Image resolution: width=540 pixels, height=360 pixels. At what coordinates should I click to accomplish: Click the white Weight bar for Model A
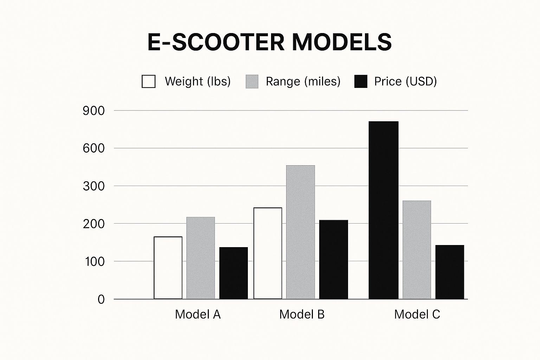pyautogui.click(x=168, y=268)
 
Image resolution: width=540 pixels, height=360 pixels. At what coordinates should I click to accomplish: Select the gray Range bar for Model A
pyautogui.click(x=200, y=258)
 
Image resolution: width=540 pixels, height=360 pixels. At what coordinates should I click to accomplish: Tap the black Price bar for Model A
pyautogui.click(x=233, y=273)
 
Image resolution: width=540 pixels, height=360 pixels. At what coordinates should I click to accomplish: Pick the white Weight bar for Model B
pyautogui.click(x=268, y=253)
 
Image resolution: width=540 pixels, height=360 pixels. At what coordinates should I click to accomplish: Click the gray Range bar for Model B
pyautogui.click(x=300, y=232)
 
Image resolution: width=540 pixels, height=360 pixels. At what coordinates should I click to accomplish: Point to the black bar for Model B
pyautogui.click(x=333, y=259)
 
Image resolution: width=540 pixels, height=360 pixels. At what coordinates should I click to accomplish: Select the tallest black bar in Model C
pyautogui.click(x=384, y=210)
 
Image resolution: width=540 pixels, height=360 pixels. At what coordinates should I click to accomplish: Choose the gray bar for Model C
pyautogui.click(x=417, y=250)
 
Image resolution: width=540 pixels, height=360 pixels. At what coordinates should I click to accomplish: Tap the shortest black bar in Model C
pyautogui.click(x=450, y=272)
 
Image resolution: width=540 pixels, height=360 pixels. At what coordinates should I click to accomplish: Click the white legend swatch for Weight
pyautogui.click(x=148, y=81)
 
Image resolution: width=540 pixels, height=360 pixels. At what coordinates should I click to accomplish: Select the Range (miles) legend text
pyautogui.click(x=303, y=81)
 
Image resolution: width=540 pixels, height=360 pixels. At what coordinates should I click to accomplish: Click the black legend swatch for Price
pyautogui.click(x=361, y=81)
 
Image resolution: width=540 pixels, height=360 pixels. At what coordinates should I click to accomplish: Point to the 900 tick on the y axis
pyautogui.click(x=94, y=111)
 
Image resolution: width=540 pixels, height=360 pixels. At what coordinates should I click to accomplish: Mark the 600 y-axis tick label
pyautogui.click(x=94, y=148)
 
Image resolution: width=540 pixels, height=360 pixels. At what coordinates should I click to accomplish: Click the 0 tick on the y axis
pyautogui.click(x=101, y=299)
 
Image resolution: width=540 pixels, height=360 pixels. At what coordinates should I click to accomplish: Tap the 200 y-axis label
pyautogui.click(x=94, y=224)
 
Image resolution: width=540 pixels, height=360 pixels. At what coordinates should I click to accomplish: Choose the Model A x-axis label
pyautogui.click(x=198, y=314)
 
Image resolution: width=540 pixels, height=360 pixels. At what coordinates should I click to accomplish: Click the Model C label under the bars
pyautogui.click(x=417, y=314)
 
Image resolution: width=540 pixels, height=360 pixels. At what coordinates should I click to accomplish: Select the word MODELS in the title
pyautogui.click(x=342, y=42)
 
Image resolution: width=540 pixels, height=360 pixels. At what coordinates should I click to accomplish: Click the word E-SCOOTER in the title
pyautogui.click(x=216, y=42)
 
